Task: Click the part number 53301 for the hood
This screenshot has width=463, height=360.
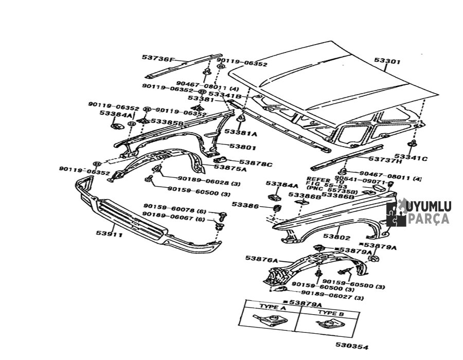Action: coord(387,61)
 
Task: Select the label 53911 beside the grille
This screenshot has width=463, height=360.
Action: coord(109,233)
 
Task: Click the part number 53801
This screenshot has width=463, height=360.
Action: coord(240,147)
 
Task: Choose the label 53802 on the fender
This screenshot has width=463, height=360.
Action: coord(336,238)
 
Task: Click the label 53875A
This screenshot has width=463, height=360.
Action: coord(230,168)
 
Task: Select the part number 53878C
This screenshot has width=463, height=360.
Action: coord(256,164)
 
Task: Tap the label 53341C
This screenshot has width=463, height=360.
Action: coord(411,158)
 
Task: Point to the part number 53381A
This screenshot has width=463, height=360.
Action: coord(240,133)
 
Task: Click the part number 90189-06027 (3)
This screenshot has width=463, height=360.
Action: coord(332,298)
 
